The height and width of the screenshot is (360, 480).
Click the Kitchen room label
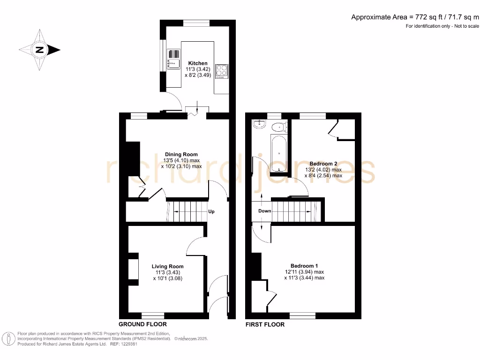click(198, 63)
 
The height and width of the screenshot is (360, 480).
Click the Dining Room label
click(181, 154)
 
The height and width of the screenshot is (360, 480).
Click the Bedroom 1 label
click(304, 265)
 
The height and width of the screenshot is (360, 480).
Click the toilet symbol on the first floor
click(280, 126)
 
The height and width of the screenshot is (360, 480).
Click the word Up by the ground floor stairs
click(211, 212)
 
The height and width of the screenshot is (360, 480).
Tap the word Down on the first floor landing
click(265, 211)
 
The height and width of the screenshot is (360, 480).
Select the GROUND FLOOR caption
click(142, 324)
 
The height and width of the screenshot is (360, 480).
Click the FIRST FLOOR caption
click(265, 324)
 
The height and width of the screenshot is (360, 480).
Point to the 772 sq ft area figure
click(425, 17)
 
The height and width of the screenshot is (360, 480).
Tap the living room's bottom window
click(153, 315)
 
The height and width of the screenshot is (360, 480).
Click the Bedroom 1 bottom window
click(302, 315)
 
